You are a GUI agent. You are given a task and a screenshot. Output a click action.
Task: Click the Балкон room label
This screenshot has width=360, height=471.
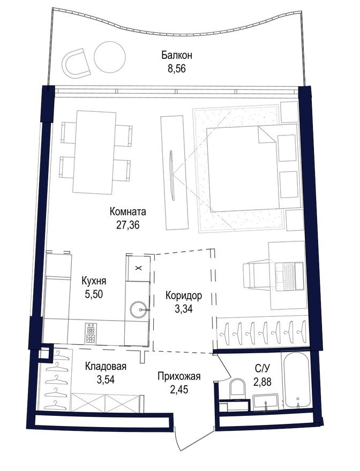(x=176, y=55)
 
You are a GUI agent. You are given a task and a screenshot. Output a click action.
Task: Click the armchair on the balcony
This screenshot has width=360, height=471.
(x=77, y=63)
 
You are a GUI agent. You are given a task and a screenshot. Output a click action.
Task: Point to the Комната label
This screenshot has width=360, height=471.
(x=127, y=211)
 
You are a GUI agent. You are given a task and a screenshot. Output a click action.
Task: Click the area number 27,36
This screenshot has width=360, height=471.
(x=127, y=225)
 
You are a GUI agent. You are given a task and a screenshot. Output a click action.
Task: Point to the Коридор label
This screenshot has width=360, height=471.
(x=184, y=295)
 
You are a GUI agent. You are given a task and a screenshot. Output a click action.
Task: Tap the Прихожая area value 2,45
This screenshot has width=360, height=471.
(x=179, y=389)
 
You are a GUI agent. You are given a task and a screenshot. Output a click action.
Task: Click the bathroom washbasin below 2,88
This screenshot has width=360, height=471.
(x=265, y=402)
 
